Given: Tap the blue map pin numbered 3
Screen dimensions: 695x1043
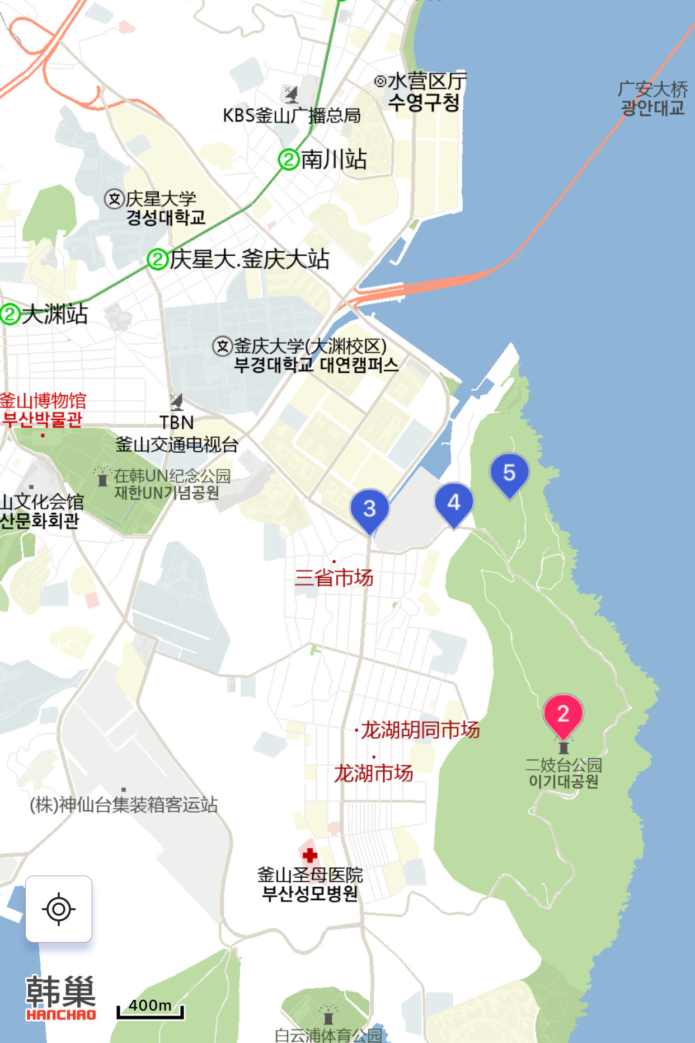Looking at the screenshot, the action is click(369, 509).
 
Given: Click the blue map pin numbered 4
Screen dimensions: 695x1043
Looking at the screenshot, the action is click(454, 502).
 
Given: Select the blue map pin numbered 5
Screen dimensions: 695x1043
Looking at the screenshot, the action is click(509, 473).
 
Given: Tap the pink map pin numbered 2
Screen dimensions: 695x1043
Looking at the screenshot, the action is click(563, 714).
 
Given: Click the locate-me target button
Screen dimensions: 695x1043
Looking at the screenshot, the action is click(59, 909).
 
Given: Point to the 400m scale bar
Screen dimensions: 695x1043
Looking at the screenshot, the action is click(150, 1009).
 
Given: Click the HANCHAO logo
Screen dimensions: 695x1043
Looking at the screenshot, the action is click(60, 998).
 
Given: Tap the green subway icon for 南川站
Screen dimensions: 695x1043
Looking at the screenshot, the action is click(289, 160).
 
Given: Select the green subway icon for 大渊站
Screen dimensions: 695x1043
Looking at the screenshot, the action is click(10, 314).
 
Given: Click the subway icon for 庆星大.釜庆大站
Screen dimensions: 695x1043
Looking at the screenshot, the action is click(158, 259).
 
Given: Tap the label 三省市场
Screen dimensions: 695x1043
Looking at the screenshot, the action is click(334, 577).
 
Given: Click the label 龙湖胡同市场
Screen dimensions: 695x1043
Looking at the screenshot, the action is click(420, 730).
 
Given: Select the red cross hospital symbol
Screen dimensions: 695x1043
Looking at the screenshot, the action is click(310, 855).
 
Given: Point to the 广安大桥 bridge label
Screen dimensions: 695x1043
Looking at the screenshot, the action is click(652, 98).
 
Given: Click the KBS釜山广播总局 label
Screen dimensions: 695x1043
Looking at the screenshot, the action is click(292, 115).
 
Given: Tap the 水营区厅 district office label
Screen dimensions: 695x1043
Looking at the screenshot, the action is click(425, 91).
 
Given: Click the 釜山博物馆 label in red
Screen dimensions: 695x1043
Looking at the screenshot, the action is click(43, 409).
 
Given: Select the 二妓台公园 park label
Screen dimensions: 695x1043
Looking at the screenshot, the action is click(563, 773).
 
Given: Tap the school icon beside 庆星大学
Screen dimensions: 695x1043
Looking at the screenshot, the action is click(114, 199).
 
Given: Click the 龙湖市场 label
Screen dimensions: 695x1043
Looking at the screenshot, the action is click(373, 773).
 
